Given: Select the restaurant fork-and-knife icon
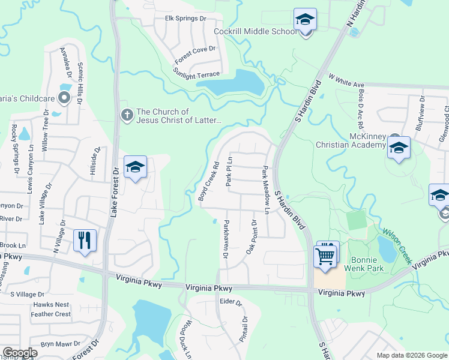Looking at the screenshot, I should click(85, 241).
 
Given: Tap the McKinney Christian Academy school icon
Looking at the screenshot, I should click(399, 149).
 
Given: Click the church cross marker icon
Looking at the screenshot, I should click(127, 114).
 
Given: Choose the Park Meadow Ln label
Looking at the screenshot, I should click(266, 190).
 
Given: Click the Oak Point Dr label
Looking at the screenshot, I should click(250, 237).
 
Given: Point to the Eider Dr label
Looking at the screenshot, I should click(230, 302).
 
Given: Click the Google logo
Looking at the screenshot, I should click(21, 353).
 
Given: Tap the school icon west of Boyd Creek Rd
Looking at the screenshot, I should click(136, 168).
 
